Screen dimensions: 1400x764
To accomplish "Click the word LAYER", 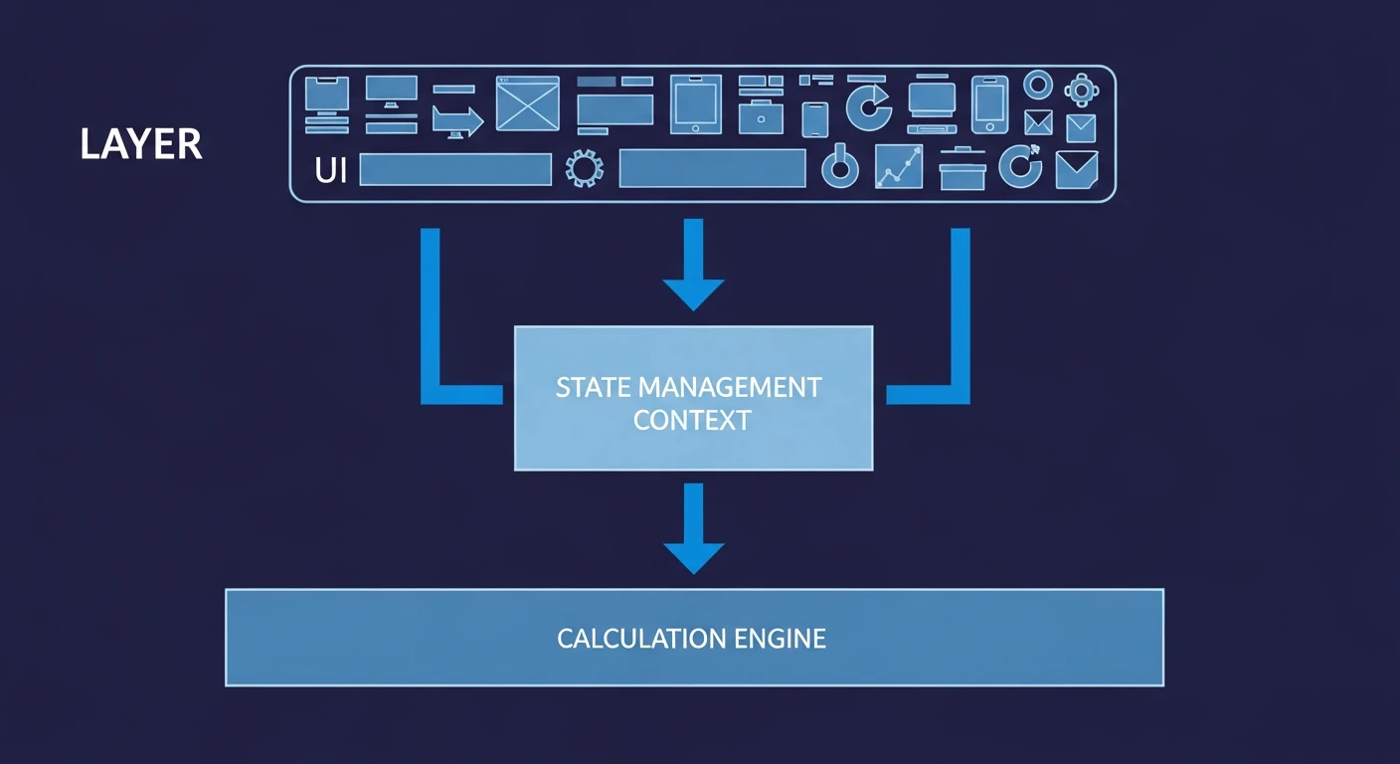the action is [x=140, y=144].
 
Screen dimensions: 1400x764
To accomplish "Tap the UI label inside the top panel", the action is [x=331, y=169].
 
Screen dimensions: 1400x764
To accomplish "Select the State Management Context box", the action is [x=693, y=398].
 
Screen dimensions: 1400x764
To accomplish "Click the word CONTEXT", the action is [x=692, y=420].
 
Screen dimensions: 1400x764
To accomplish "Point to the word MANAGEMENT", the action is [x=730, y=388].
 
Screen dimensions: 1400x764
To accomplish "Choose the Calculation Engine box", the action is [x=694, y=638].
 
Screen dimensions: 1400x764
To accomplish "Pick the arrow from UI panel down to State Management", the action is [x=693, y=265].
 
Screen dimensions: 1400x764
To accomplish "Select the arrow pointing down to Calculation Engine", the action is [x=694, y=529].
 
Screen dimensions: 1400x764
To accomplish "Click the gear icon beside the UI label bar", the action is [x=585, y=168].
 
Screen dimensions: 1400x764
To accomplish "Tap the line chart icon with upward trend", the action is [x=899, y=166].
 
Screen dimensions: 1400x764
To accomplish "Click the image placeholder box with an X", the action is [x=528, y=103].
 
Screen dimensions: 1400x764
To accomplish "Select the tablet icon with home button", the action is [x=696, y=103].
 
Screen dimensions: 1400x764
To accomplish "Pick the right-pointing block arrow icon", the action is [x=457, y=121].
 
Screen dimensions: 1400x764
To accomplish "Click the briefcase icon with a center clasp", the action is [x=761, y=117].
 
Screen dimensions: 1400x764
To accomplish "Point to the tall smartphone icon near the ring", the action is [x=989, y=104].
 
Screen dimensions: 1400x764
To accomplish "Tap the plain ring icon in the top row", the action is [x=1038, y=85].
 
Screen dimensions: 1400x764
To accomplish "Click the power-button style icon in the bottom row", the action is [x=839, y=166].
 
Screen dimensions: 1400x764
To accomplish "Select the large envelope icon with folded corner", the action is [x=1076, y=169].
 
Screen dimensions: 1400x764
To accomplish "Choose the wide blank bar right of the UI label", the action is [x=455, y=169].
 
